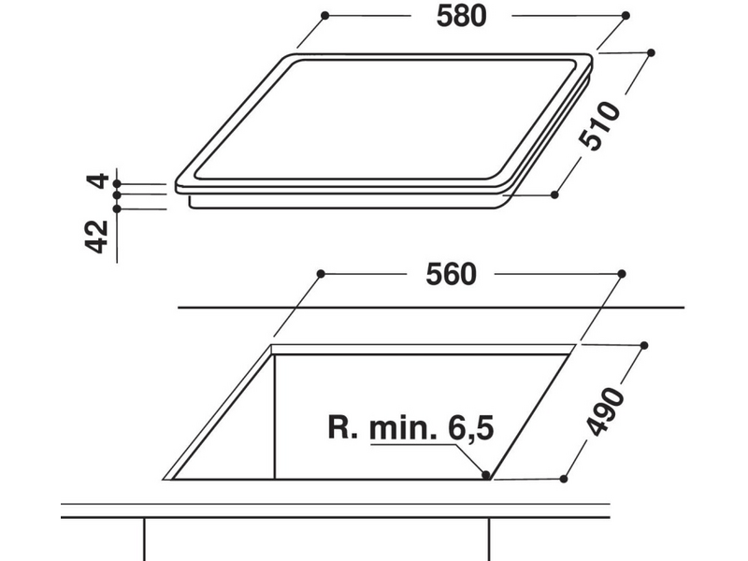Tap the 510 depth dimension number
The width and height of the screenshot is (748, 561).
(x=599, y=126)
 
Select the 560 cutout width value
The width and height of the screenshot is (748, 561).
(x=452, y=274)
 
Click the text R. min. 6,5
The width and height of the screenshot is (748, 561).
(x=410, y=429)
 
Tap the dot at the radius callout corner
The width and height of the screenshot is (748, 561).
(x=486, y=475)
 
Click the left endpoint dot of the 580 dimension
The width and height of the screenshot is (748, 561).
(x=324, y=16)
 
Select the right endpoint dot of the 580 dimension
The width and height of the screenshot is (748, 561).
(x=626, y=16)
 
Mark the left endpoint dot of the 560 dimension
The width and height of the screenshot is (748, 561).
(x=320, y=273)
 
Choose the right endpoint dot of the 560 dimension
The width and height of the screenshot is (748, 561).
(x=622, y=273)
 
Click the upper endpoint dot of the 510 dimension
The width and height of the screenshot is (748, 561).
(x=651, y=52)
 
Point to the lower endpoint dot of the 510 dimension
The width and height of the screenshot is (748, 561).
(x=554, y=194)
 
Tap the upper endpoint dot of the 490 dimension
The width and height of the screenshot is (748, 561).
(x=646, y=345)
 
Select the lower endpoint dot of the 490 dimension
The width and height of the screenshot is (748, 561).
(x=563, y=477)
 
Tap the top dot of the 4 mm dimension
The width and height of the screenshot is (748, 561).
(x=117, y=184)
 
